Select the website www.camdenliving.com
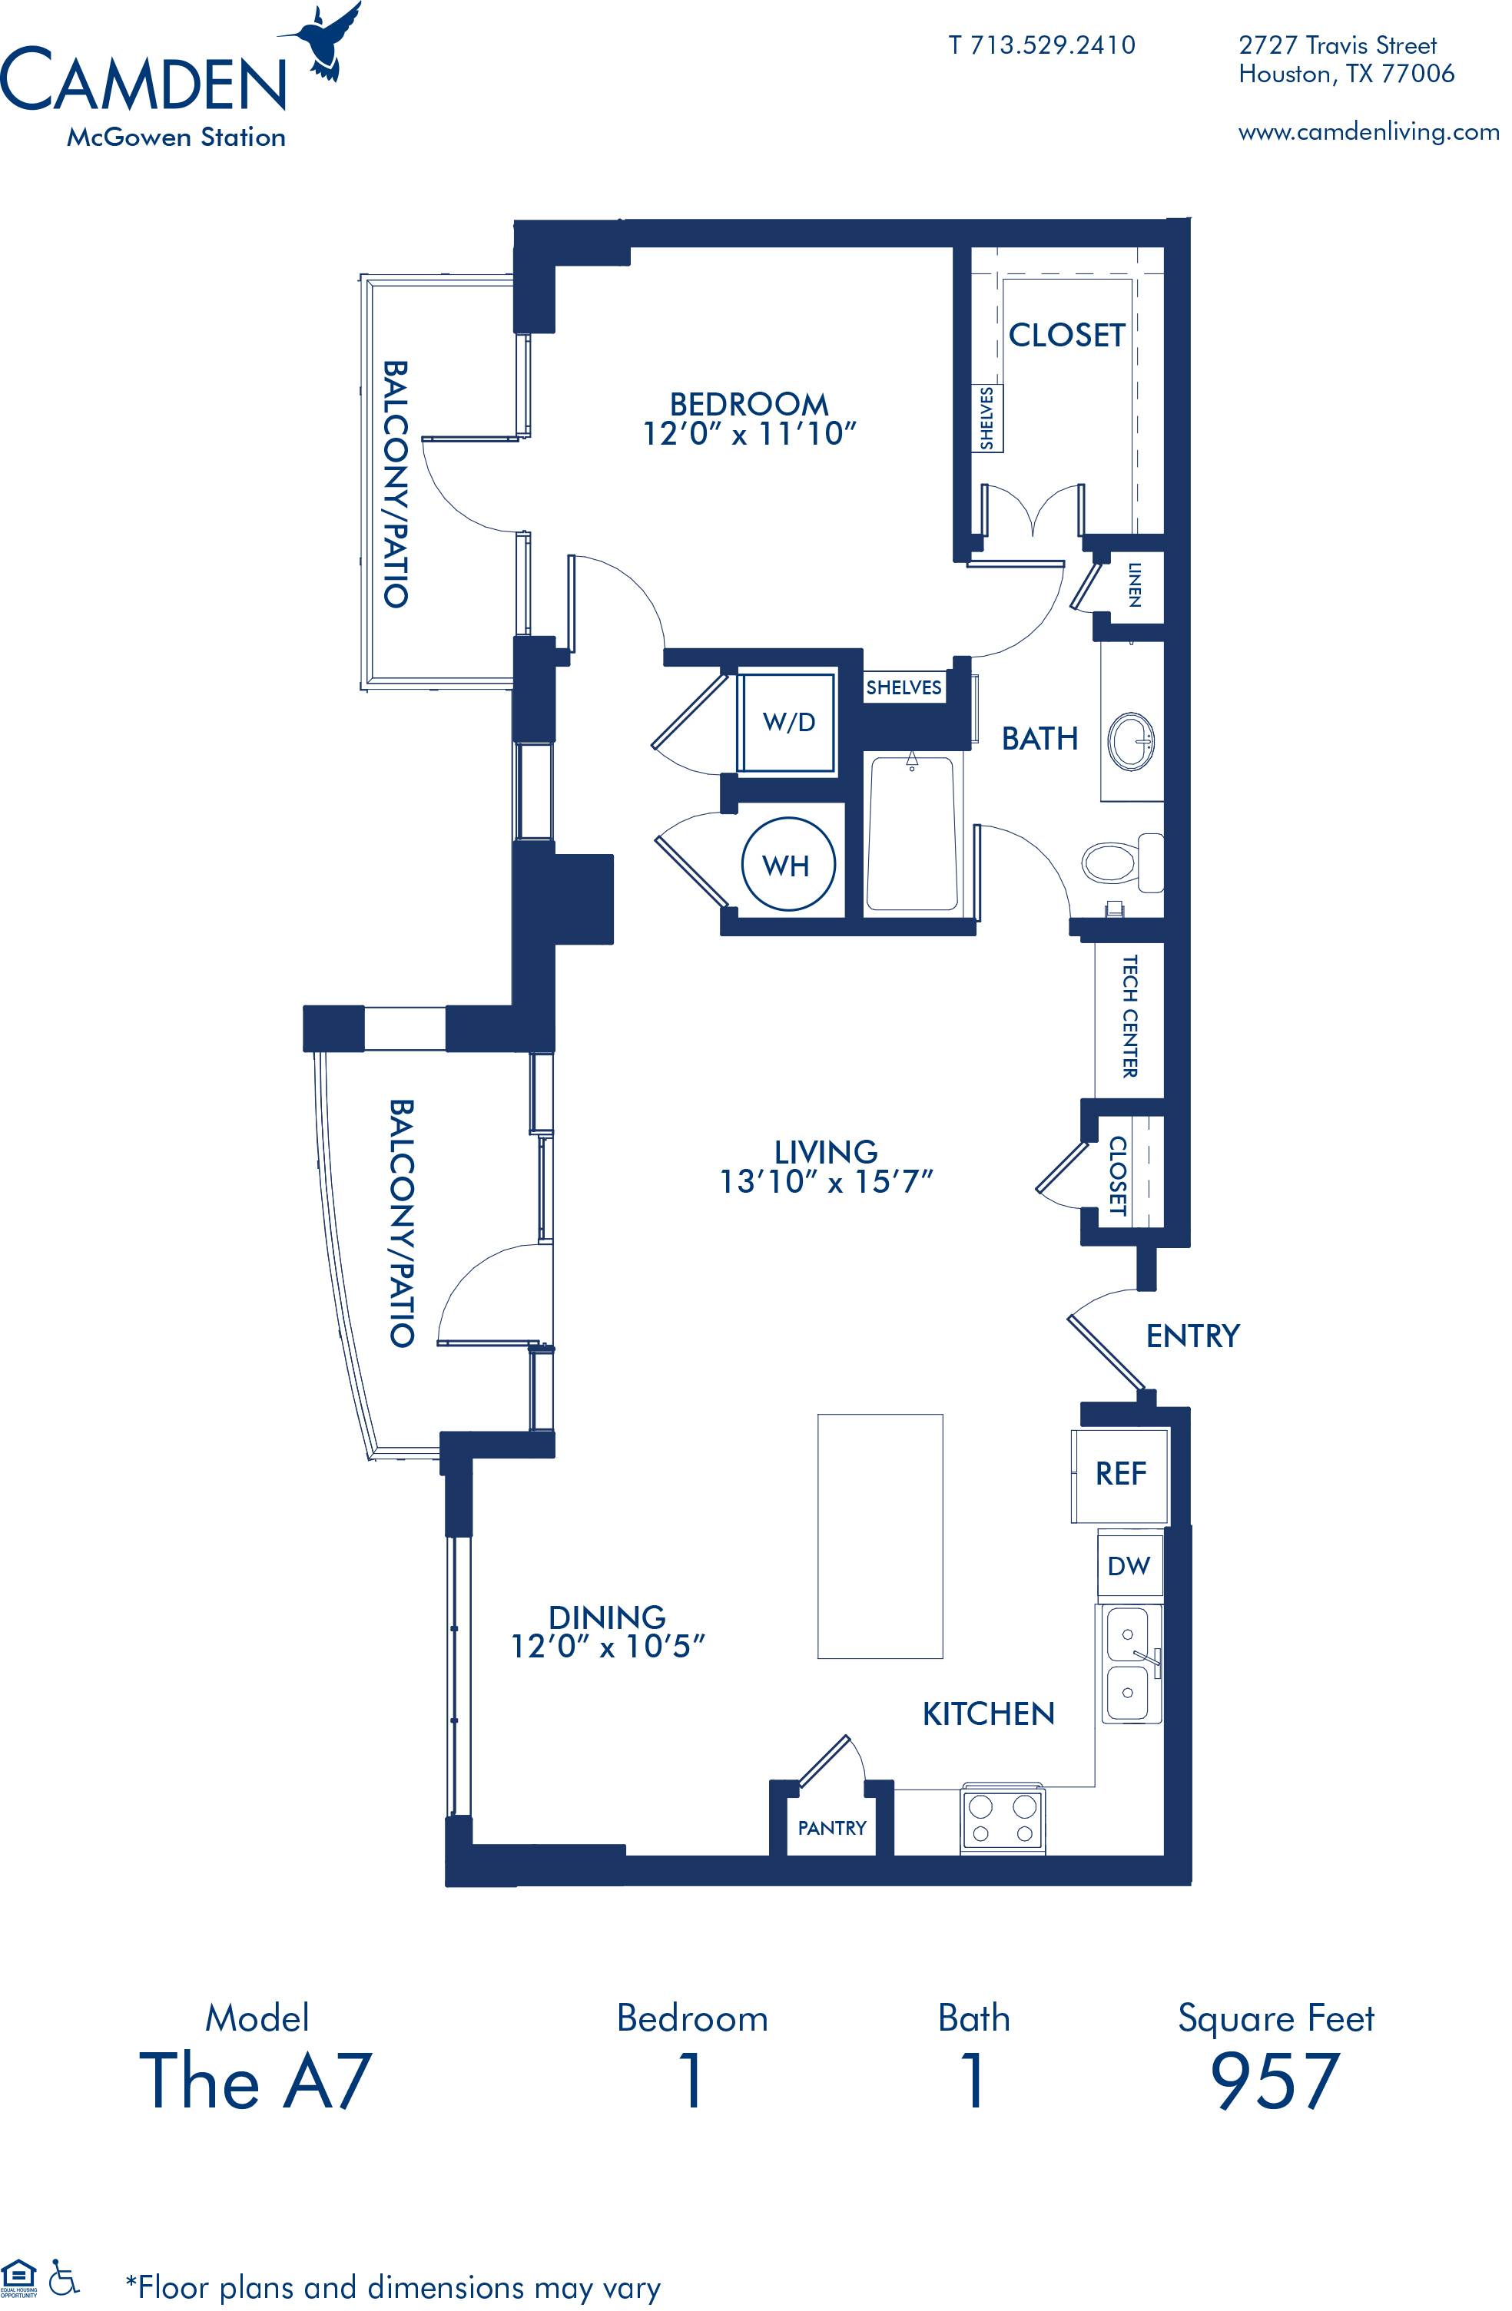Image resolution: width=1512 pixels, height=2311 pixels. tap(1368, 131)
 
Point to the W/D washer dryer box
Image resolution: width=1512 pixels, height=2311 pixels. tap(787, 721)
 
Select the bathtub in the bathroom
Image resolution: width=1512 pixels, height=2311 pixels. tap(911, 834)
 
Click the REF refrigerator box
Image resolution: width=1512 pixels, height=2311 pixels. tap(1119, 1474)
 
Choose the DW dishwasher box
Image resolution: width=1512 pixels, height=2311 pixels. tap(1129, 1565)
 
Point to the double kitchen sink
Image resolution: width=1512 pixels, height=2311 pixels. tap(1129, 1664)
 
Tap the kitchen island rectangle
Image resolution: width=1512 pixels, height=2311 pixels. tap(880, 1536)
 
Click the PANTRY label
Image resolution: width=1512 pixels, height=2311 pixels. tap(832, 1829)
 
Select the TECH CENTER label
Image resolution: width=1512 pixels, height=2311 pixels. tap(1129, 1015)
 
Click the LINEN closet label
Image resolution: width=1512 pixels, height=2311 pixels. tap(1134, 584)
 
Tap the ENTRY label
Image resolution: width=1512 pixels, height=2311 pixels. tap(1192, 1336)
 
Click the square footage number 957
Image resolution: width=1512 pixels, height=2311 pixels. tap(1275, 2080)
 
